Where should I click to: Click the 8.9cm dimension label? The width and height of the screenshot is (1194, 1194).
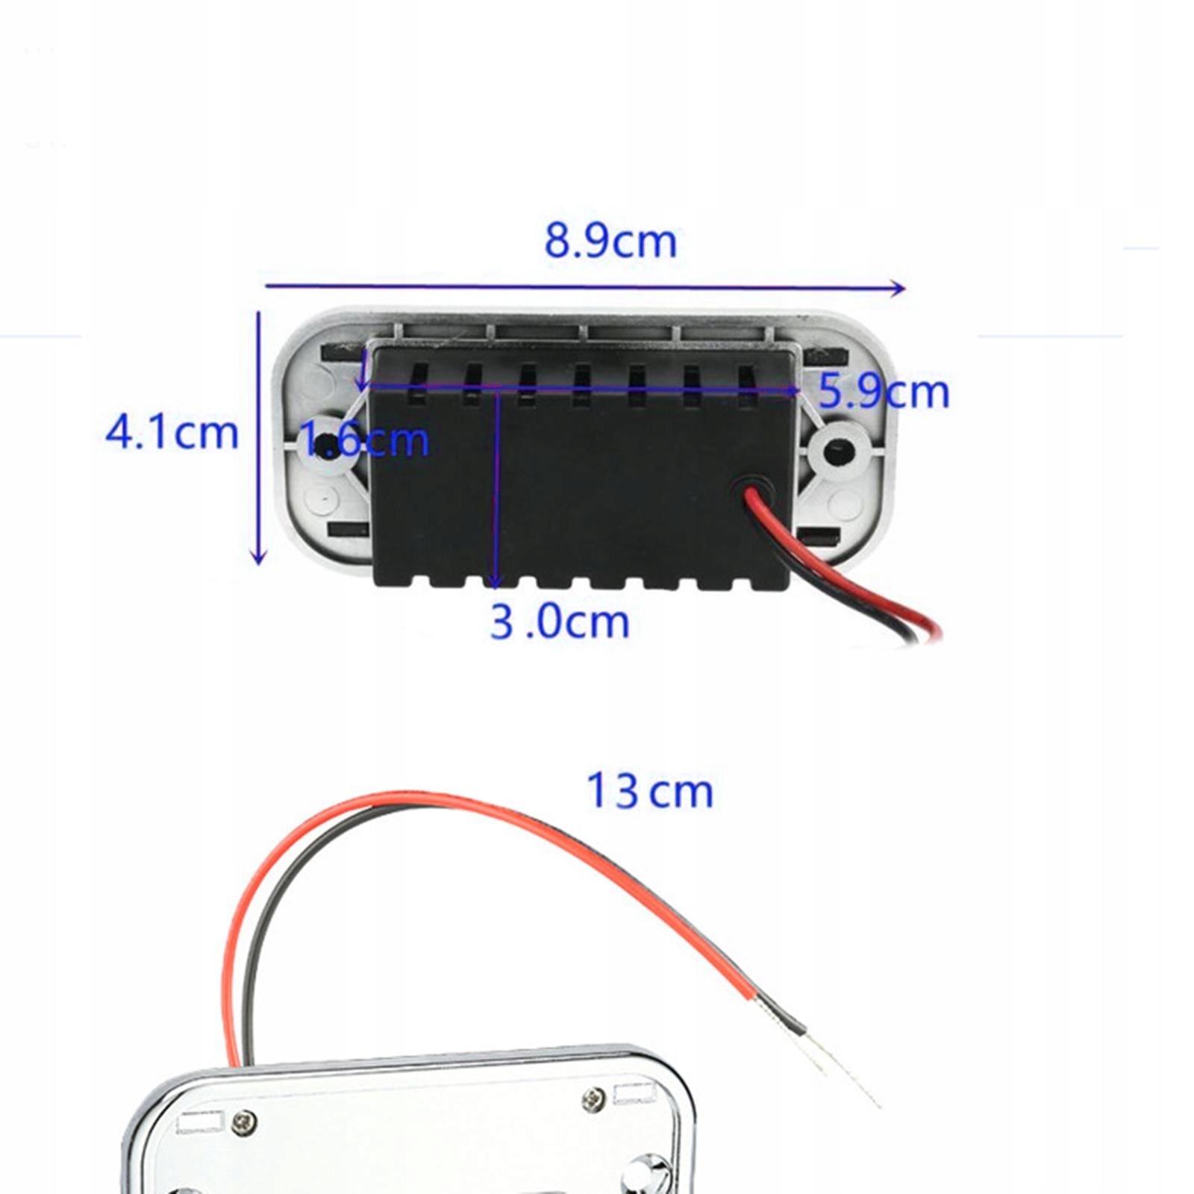pos(610,241)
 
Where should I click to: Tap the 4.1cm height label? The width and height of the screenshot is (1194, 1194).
pos(172,433)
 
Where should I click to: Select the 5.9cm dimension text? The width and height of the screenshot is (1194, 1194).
pos(884,391)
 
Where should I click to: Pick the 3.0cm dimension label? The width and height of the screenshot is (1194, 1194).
pos(560,622)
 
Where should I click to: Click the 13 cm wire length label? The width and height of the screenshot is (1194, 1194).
pos(649,791)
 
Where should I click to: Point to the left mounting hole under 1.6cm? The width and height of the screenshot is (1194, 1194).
pos(326,446)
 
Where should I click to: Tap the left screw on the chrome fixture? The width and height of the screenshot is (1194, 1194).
pos(244,1121)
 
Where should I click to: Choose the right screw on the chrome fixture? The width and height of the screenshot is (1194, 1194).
pos(594,1097)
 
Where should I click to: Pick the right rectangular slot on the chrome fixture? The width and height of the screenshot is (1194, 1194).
pos(633,1094)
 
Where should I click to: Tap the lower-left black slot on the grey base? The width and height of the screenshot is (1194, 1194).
pos(348,531)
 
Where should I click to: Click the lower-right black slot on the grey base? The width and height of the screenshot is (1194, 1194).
pos(819,535)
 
